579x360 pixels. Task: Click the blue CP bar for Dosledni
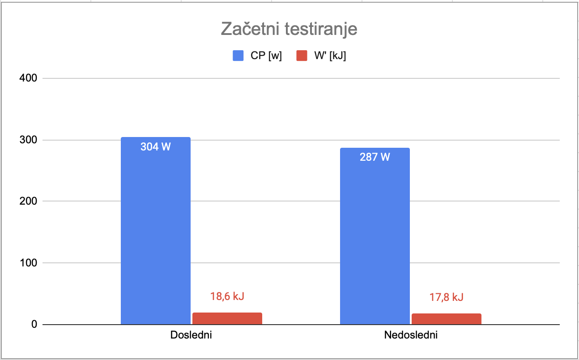click(x=155, y=233)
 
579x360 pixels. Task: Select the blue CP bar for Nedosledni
click(x=375, y=237)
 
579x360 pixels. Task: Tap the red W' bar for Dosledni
click(x=227, y=318)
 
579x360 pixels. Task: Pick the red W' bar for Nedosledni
click(x=446, y=319)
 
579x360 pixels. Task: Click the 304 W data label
click(x=155, y=146)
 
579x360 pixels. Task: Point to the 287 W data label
click(x=375, y=157)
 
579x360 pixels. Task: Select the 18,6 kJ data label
click(x=227, y=296)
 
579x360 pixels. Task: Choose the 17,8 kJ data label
click(x=446, y=297)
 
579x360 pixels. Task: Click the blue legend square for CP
click(x=238, y=56)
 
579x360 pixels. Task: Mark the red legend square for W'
click(x=302, y=56)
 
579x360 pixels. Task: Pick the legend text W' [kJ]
click(x=330, y=56)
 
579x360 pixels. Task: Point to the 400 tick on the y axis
click(x=28, y=78)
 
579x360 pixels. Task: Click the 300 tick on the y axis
click(x=28, y=140)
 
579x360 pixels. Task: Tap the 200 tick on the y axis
click(x=28, y=201)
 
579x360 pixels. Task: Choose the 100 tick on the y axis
click(x=28, y=263)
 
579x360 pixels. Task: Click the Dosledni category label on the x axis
click(x=191, y=335)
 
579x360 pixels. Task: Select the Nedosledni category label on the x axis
click(x=410, y=335)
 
